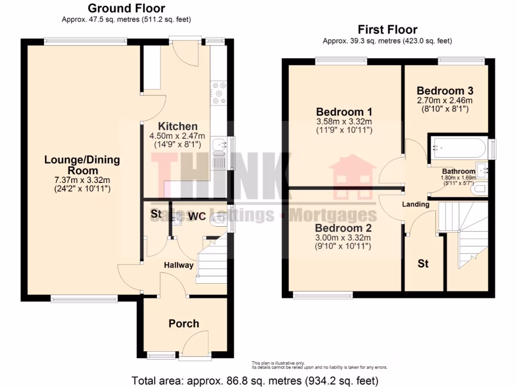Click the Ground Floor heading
tap(126, 8)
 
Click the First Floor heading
tap(387, 29)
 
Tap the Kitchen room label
tap(177, 126)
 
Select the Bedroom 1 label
tap(344, 111)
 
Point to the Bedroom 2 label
tap(343, 227)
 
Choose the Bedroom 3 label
tap(445, 91)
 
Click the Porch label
tap(184, 324)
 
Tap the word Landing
tap(416, 204)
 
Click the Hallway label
tap(178, 265)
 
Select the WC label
tap(196, 216)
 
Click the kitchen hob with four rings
tap(220, 93)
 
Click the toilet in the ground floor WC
tap(219, 219)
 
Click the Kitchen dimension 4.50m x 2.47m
tap(177, 136)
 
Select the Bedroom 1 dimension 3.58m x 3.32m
tap(344, 121)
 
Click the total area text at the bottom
tap(255, 379)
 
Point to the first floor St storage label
tap(423, 263)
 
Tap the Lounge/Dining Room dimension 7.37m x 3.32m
tap(82, 180)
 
